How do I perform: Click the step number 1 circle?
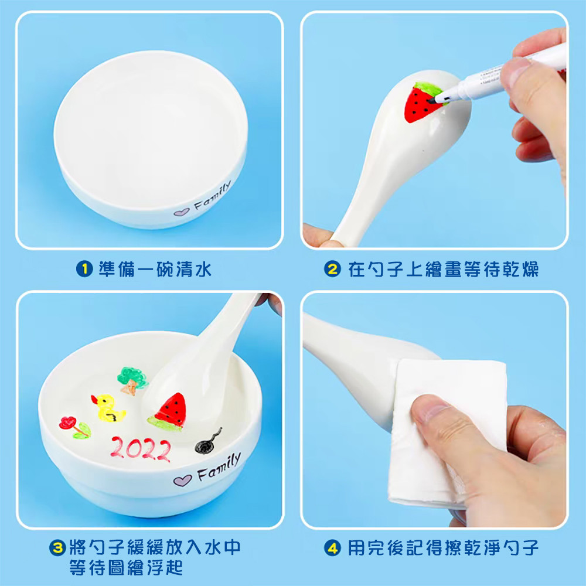(x=84, y=269)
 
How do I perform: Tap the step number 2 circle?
(x=332, y=269)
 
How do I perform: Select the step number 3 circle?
(x=57, y=548)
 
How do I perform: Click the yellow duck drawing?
(x=108, y=408)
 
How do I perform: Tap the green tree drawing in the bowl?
(x=132, y=380)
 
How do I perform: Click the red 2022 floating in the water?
(x=141, y=449)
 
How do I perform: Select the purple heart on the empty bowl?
(x=182, y=212)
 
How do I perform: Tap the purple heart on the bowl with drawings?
(x=182, y=481)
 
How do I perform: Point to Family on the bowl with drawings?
(x=218, y=468)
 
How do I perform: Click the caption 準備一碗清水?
(x=155, y=269)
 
